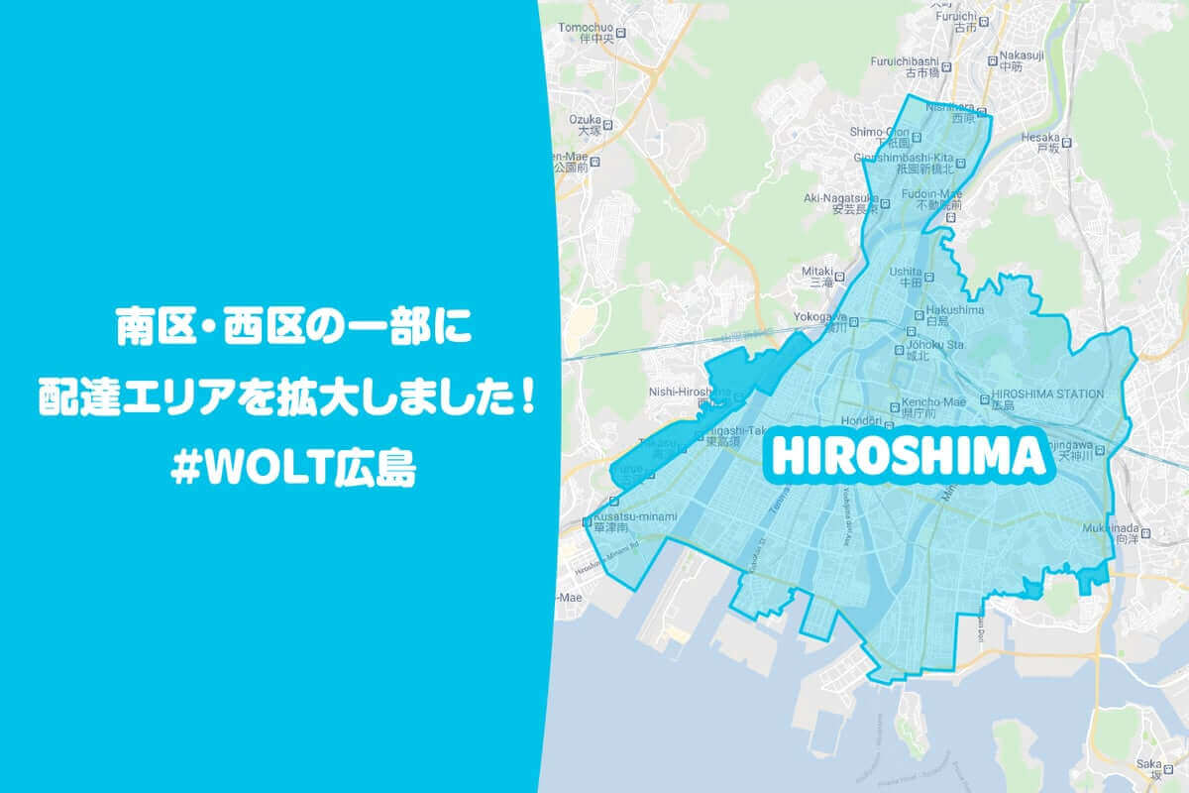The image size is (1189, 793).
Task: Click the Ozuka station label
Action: (x=586, y=118)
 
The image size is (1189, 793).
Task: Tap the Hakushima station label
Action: (x=954, y=310)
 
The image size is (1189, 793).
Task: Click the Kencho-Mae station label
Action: (x=940, y=401)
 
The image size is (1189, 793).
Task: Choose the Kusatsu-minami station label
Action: (x=634, y=516)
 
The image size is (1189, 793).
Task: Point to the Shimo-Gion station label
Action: (x=879, y=131)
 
